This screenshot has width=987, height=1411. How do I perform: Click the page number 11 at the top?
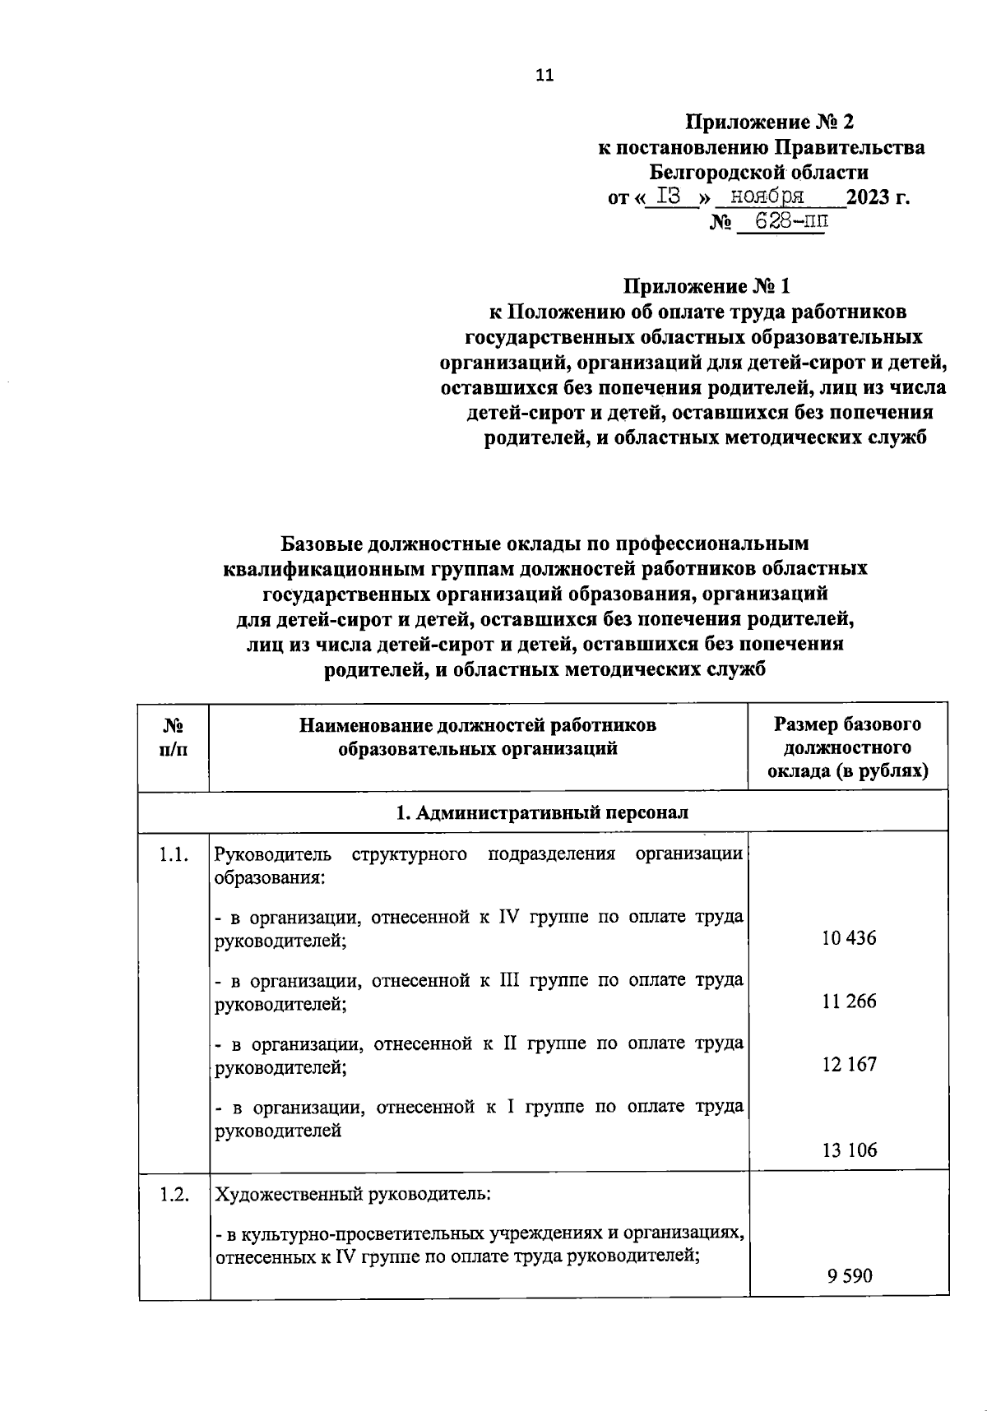(x=544, y=76)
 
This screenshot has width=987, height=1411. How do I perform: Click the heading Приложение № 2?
(x=770, y=123)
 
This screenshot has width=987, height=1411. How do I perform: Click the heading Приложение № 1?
(x=707, y=287)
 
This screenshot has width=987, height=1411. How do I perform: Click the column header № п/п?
(x=174, y=737)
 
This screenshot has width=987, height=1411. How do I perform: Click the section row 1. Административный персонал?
(x=543, y=812)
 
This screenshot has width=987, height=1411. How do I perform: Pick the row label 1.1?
(x=174, y=855)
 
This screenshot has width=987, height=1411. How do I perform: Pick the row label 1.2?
(x=174, y=1195)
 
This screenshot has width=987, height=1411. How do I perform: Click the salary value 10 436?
(x=849, y=938)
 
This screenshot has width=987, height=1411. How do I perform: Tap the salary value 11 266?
(x=849, y=1002)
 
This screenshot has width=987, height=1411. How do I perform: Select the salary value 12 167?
(x=849, y=1065)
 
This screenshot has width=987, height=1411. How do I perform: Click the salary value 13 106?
(x=849, y=1150)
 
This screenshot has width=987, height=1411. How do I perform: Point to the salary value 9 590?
(x=850, y=1277)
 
